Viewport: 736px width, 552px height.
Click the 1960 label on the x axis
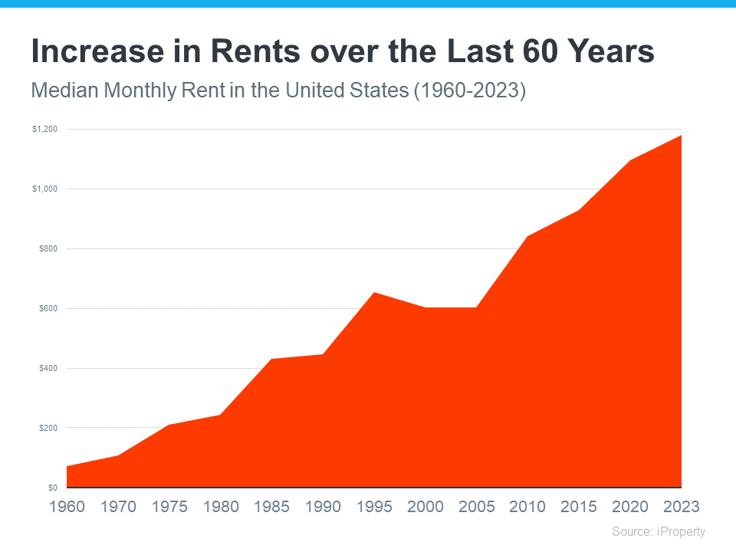click(x=67, y=507)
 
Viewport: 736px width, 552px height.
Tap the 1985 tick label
click(x=272, y=507)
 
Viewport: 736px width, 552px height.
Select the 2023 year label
click(x=681, y=507)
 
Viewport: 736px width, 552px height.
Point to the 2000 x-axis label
click(x=426, y=507)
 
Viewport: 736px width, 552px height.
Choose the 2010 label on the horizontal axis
click(x=528, y=507)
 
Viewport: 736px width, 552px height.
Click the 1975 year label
click(x=169, y=507)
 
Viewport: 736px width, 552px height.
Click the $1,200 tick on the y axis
click(x=44, y=130)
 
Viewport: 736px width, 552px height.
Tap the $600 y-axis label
click(x=48, y=309)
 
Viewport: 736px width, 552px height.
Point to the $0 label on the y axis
click(x=52, y=488)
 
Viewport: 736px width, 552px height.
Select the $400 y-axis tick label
click(x=48, y=369)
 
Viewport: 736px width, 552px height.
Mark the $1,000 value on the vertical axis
click(x=44, y=189)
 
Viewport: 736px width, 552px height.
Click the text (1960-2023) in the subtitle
click(x=470, y=90)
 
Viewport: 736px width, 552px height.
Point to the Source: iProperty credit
click(x=658, y=531)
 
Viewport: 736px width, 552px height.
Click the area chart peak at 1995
click(x=374, y=292)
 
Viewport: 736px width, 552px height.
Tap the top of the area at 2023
click(x=681, y=135)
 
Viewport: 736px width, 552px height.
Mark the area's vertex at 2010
click(x=528, y=236)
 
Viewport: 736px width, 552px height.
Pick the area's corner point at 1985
click(x=272, y=359)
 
